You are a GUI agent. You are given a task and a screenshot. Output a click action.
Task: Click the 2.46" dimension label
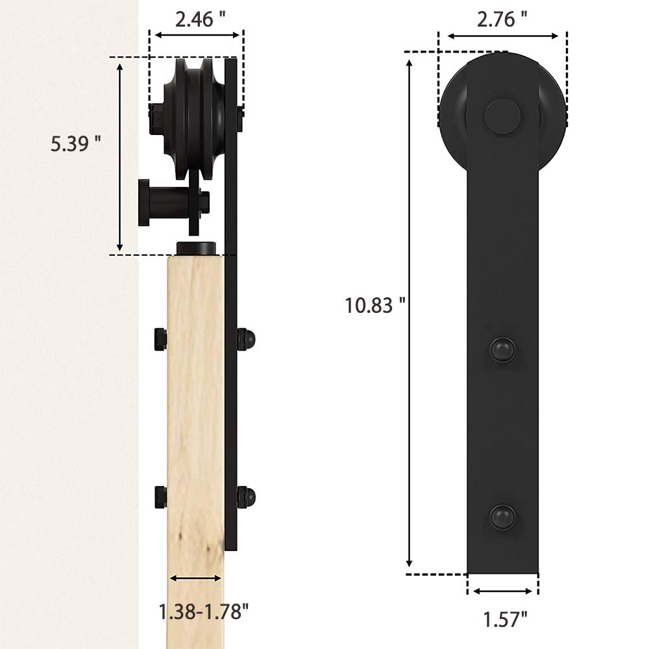click(x=201, y=19)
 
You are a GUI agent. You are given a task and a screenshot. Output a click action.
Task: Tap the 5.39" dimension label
click(x=76, y=143)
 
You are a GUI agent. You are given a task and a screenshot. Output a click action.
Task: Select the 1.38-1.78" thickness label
click(x=204, y=611)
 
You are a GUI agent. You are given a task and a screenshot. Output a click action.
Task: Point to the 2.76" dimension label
click(x=502, y=19)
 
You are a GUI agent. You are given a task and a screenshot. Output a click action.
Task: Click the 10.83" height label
click(x=375, y=306)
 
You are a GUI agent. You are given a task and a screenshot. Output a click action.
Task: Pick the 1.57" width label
click(x=506, y=620)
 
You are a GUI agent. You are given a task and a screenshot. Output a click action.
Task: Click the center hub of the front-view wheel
click(x=502, y=116)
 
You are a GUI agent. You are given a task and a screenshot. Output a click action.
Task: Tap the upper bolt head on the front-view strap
click(x=503, y=350)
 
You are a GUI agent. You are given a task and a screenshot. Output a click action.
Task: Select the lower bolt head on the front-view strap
click(x=503, y=517)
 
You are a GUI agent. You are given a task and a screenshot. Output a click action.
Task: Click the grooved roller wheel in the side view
click(x=193, y=119)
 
